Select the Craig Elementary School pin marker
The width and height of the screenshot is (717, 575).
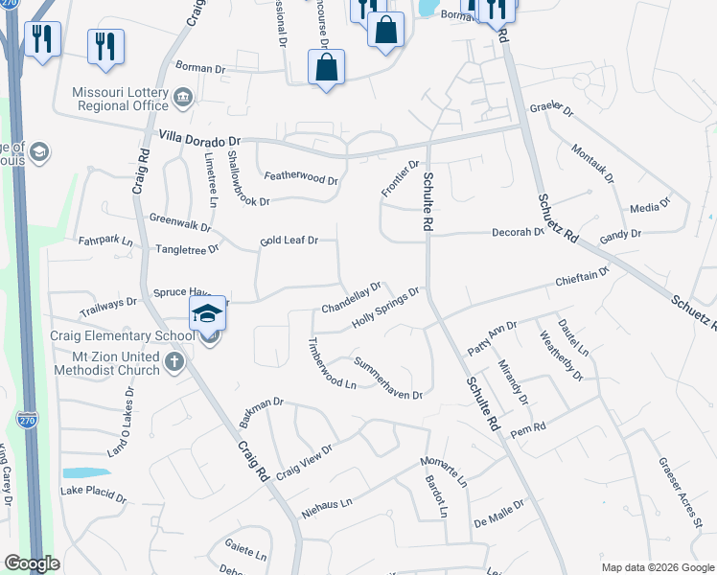tap(207, 315)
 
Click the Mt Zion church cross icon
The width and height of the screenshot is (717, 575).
tap(173, 362)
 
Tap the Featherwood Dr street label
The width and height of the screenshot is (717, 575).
tap(302, 179)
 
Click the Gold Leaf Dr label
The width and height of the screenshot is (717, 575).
tap(289, 241)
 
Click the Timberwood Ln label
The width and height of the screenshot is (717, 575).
tap(331, 363)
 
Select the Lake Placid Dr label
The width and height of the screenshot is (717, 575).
tap(93, 494)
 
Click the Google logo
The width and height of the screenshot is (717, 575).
tap(32, 563)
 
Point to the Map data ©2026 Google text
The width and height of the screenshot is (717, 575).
tap(657, 566)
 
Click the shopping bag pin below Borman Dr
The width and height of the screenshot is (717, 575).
tap(326, 67)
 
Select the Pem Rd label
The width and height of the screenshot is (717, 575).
tap(527, 427)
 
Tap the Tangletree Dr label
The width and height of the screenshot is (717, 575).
tap(187, 248)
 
